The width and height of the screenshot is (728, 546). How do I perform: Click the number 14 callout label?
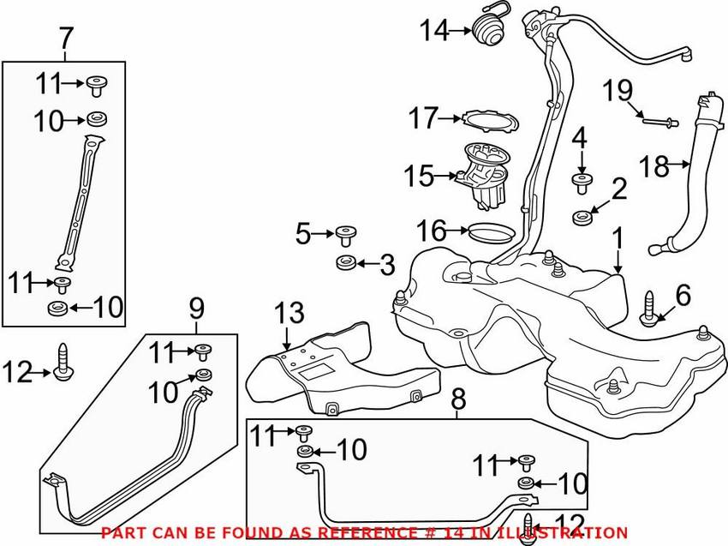(433, 32)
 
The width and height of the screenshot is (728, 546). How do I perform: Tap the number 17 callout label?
(422, 117)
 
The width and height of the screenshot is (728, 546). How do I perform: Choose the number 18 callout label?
(654, 165)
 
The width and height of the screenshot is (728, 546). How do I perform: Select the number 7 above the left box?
(66, 39)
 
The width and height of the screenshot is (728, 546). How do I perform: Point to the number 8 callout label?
(458, 399)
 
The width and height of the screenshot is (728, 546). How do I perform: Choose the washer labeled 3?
(346, 261)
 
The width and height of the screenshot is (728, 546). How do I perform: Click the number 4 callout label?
(580, 137)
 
